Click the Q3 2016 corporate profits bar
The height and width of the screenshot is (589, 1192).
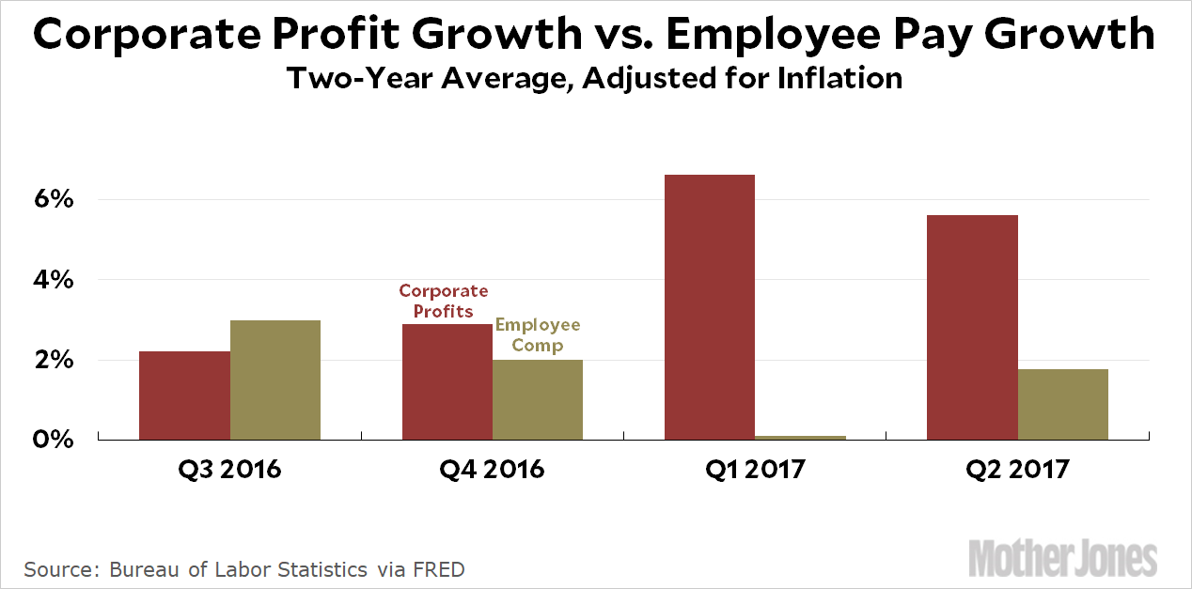[184, 395]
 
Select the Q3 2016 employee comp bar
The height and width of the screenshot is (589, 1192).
[275, 380]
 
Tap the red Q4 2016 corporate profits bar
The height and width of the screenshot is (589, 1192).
[447, 382]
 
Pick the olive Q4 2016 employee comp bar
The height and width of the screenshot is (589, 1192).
[538, 399]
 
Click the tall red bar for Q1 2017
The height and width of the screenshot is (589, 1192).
[710, 307]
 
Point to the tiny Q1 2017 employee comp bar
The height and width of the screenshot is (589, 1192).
[801, 437]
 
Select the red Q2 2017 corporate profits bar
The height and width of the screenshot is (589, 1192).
[972, 327]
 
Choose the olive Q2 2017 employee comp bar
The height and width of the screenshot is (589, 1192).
[1063, 404]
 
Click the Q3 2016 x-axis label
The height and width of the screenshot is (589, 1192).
[229, 469]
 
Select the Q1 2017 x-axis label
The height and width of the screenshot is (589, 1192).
[755, 469]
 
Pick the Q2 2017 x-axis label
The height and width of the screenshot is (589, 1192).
[1017, 469]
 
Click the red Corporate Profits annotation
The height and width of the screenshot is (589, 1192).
[444, 301]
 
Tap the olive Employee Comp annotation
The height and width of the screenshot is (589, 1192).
[538, 334]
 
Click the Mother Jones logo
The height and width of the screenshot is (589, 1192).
[1062, 557]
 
